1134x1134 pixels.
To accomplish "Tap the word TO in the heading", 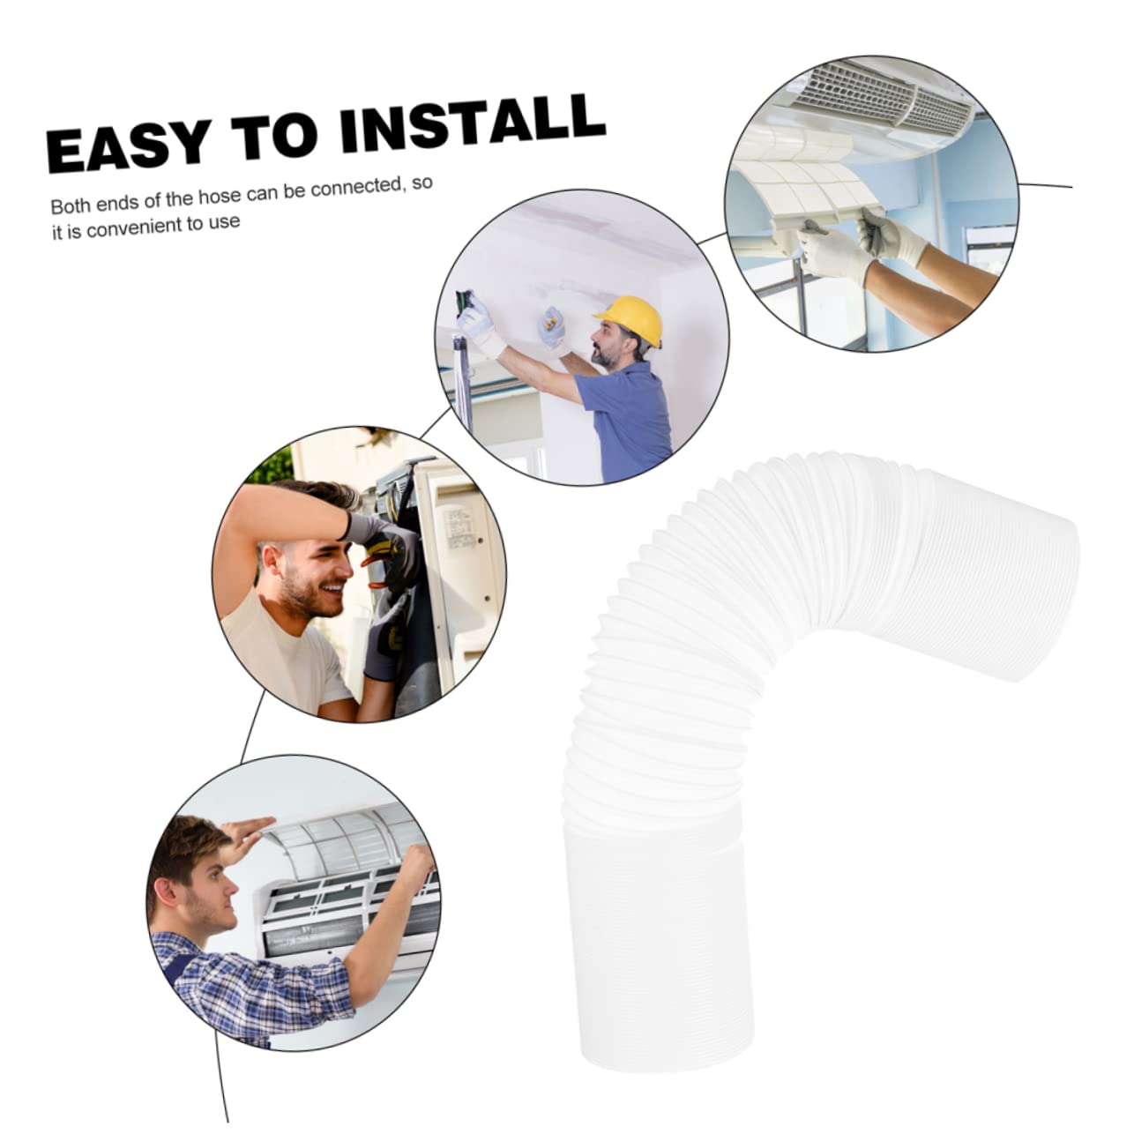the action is (x=274, y=136).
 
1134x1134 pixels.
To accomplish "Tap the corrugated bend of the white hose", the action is (x=706, y=618).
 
